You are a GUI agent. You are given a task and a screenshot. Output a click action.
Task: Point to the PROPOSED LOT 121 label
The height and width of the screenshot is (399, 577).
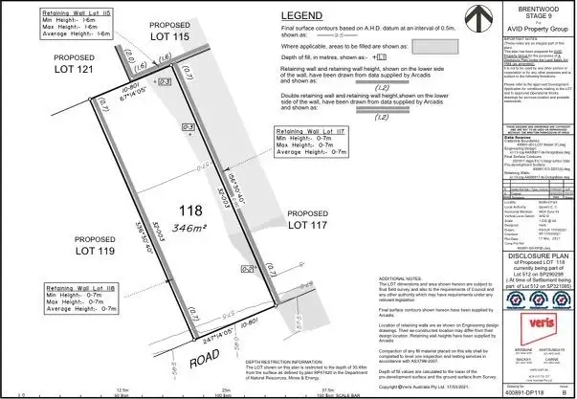(55, 64)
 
